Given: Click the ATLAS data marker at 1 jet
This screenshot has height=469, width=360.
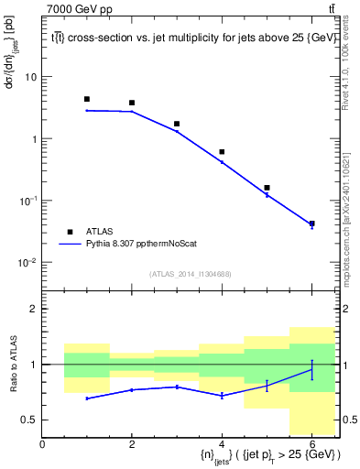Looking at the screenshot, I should [x=87, y=99].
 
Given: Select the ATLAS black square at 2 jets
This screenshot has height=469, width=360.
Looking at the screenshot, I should [x=132, y=103].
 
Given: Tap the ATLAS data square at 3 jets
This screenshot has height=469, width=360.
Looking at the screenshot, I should [x=177, y=124].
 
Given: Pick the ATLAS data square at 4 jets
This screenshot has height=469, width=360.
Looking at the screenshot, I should [x=222, y=151].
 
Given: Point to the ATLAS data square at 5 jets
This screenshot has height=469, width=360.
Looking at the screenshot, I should [x=267, y=188].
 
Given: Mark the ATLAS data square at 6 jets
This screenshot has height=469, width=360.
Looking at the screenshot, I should [x=311, y=224].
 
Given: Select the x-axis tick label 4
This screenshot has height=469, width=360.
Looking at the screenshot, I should [x=222, y=444].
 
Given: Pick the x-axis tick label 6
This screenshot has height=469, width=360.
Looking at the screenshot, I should [x=311, y=444].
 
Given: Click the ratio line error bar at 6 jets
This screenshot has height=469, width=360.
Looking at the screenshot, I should [x=311, y=369].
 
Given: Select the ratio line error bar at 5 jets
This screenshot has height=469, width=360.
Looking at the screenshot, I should [x=267, y=386].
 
